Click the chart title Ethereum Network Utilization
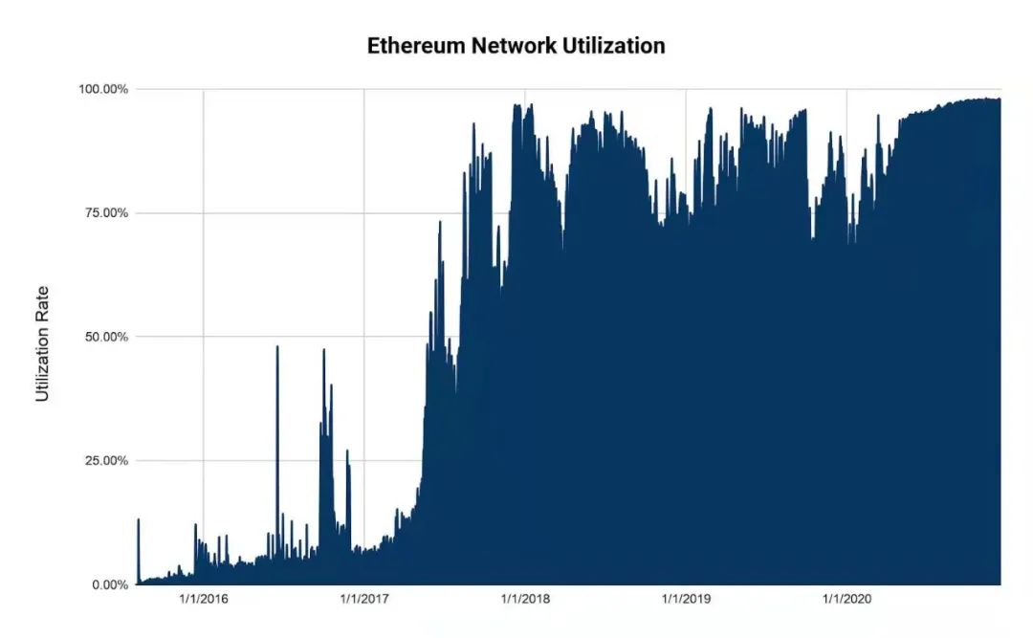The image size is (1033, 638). point(516,46)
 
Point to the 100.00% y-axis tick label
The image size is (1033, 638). point(103,89)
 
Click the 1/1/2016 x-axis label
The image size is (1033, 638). point(203,600)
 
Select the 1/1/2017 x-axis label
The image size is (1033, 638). point(363,600)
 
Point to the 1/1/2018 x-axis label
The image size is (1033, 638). point(525,600)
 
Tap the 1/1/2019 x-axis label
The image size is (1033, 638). point(686,600)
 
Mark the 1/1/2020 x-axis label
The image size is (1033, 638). point(846,600)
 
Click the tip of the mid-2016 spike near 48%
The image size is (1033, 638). point(277,347)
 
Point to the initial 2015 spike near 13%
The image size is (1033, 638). point(139,520)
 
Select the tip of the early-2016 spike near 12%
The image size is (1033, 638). point(195,525)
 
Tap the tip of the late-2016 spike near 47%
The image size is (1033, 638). point(324,350)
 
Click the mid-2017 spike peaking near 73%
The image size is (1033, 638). point(440,223)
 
